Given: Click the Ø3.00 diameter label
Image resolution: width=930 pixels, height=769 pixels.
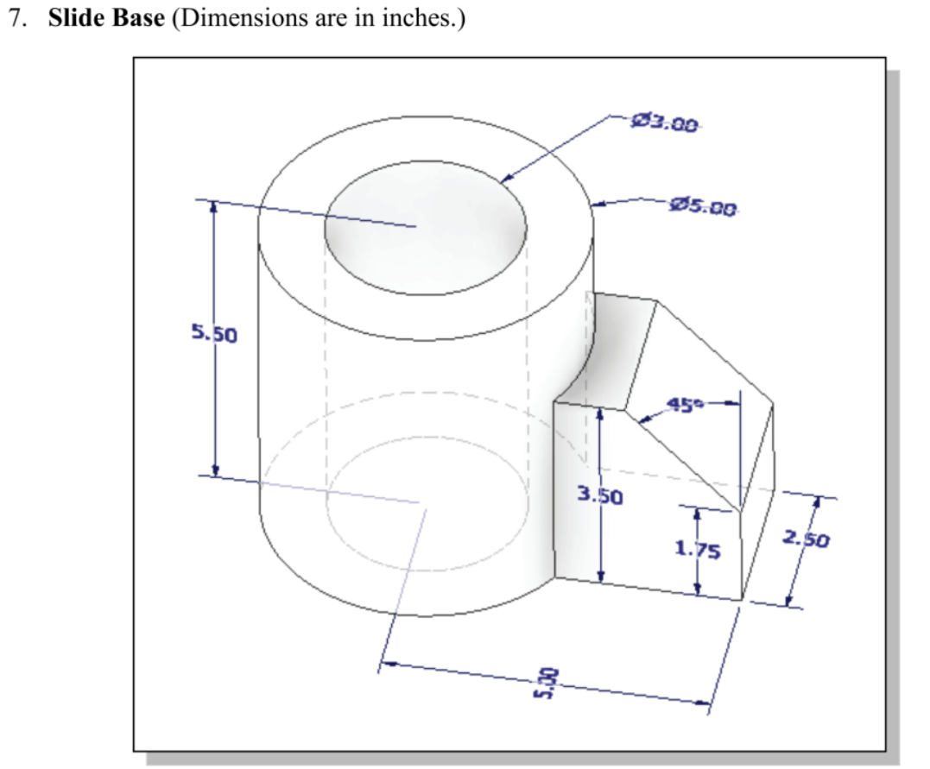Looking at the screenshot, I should [664, 123].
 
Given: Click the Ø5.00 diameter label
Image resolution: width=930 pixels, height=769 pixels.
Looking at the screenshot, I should [704, 206].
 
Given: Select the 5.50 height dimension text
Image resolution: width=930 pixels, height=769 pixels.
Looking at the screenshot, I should [213, 334].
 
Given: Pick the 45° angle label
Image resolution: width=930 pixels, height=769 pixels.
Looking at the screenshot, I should [687, 405].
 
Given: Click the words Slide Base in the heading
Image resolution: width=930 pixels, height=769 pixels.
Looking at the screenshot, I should [105, 19].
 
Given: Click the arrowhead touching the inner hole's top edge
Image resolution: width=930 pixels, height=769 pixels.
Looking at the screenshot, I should [506, 179].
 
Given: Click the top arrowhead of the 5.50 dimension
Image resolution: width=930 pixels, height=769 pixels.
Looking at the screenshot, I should [214, 208].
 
